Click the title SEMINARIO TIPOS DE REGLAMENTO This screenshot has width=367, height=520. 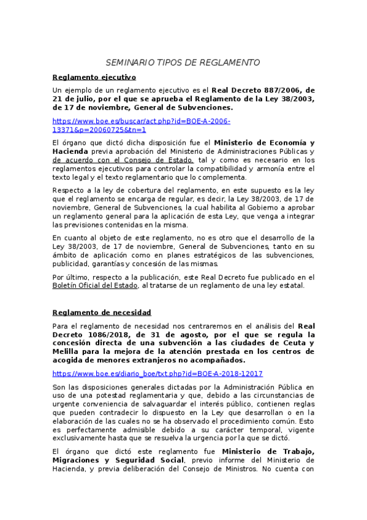point(183,63)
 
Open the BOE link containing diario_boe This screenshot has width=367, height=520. point(157,373)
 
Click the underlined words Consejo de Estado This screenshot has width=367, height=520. point(157,160)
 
